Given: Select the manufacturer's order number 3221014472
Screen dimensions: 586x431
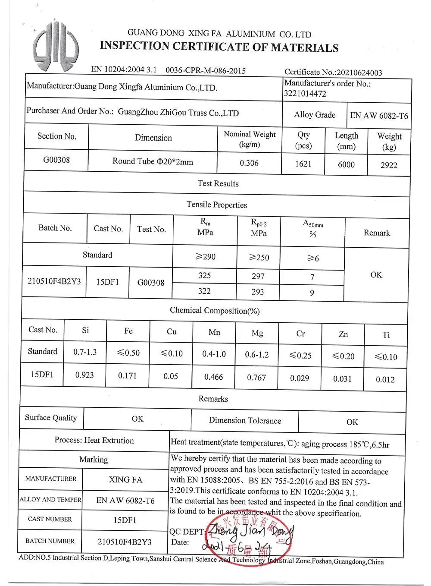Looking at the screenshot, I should (305, 94).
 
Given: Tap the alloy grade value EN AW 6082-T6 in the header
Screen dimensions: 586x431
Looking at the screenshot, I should (379, 116).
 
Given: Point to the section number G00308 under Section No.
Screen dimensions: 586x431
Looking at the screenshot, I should (56, 160).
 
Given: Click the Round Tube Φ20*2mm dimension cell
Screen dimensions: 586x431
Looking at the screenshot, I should (153, 161).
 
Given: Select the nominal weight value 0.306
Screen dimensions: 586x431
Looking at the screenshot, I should (249, 163).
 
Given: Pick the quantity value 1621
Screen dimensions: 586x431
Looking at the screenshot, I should (303, 164).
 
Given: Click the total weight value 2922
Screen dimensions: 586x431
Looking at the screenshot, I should (389, 165).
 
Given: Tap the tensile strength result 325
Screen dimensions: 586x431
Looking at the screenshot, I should (205, 275).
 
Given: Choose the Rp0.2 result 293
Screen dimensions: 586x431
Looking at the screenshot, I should (258, 292).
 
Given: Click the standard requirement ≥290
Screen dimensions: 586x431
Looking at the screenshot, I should (205, 257).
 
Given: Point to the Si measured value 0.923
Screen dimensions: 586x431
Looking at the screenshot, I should (84, 375).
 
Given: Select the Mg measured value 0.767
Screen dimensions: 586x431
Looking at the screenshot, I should (256, 378).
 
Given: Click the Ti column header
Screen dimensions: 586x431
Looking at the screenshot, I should (386, 335).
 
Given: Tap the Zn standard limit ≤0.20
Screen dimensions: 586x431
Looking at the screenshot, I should (343, 356).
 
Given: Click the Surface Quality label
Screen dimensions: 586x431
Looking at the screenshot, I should (51, 418).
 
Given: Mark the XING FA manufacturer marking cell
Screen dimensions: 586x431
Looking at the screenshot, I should (125, 480).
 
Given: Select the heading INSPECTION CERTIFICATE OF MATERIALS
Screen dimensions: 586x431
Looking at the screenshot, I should (219, 47).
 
